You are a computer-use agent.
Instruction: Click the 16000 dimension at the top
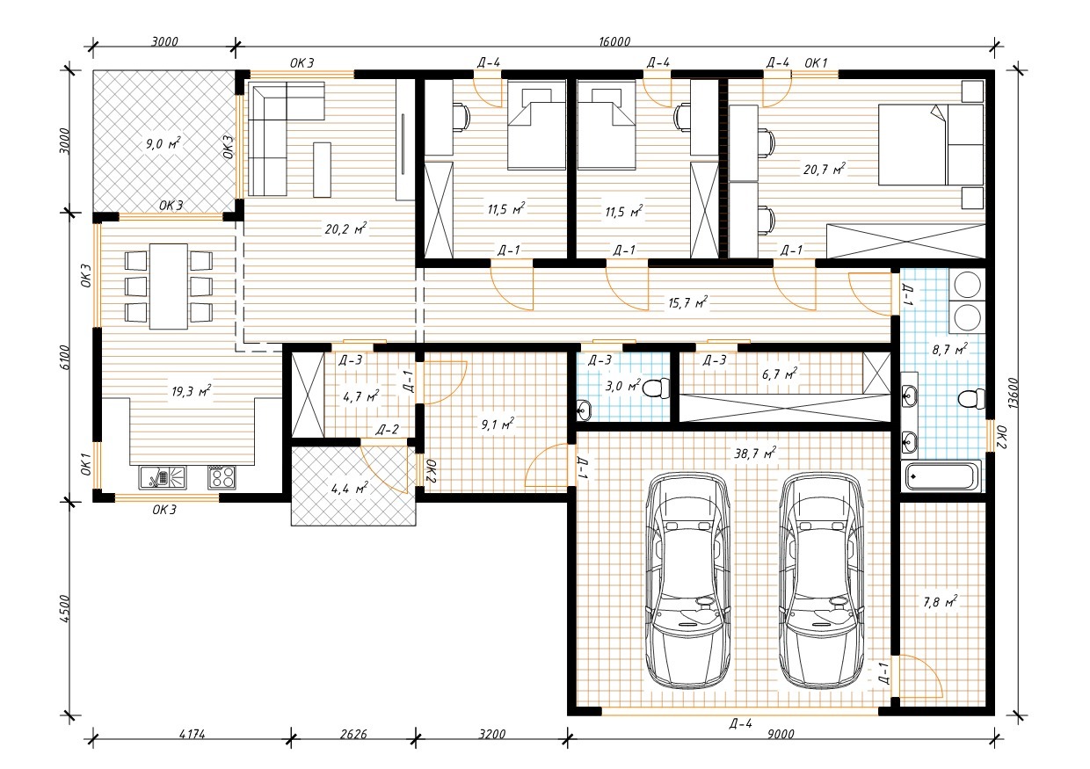coord(614,42)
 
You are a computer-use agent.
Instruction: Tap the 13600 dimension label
coord(1014,393)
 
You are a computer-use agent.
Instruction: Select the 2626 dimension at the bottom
coord(353,734)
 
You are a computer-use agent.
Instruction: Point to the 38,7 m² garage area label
coord(755,453)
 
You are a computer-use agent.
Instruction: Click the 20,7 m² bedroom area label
coord(825,169)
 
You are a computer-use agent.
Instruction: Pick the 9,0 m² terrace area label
coord(163,143)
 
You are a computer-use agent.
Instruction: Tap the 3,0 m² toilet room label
coord(623,386)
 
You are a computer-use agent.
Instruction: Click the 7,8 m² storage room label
coord(941,602)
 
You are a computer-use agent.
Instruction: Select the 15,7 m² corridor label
coord(687,303)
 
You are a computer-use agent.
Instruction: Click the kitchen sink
coord(163,477)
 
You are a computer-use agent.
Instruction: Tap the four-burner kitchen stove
coord(222,477)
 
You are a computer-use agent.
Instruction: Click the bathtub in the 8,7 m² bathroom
coord(941,475)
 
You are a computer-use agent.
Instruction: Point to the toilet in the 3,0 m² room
coord(657,388)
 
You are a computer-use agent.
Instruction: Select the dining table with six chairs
coord(169,287)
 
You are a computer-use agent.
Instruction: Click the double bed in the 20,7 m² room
coord(931,144)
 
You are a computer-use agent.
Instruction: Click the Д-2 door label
coord(387,430)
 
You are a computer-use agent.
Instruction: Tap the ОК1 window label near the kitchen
coord(86,463)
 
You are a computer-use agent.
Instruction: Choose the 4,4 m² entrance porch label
coord(349,488)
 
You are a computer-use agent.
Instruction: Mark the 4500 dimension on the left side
coord(65,608)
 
